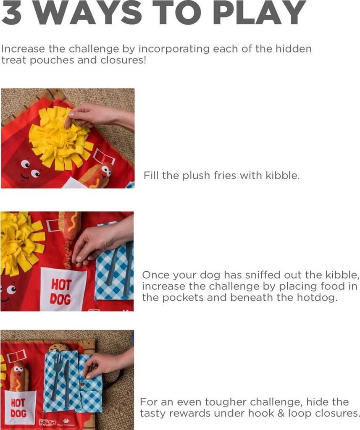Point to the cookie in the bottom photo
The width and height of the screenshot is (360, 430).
click(58, 347)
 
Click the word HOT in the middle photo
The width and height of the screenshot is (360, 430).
click(61, 285)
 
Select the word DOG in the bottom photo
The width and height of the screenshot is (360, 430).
click(19, 413)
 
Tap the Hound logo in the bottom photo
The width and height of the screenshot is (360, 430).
click(47, 422)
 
